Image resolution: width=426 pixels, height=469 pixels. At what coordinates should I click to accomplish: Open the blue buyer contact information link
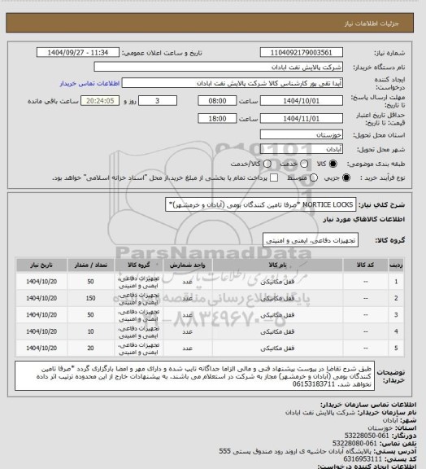pyautogui.click(x=90, y=83)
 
